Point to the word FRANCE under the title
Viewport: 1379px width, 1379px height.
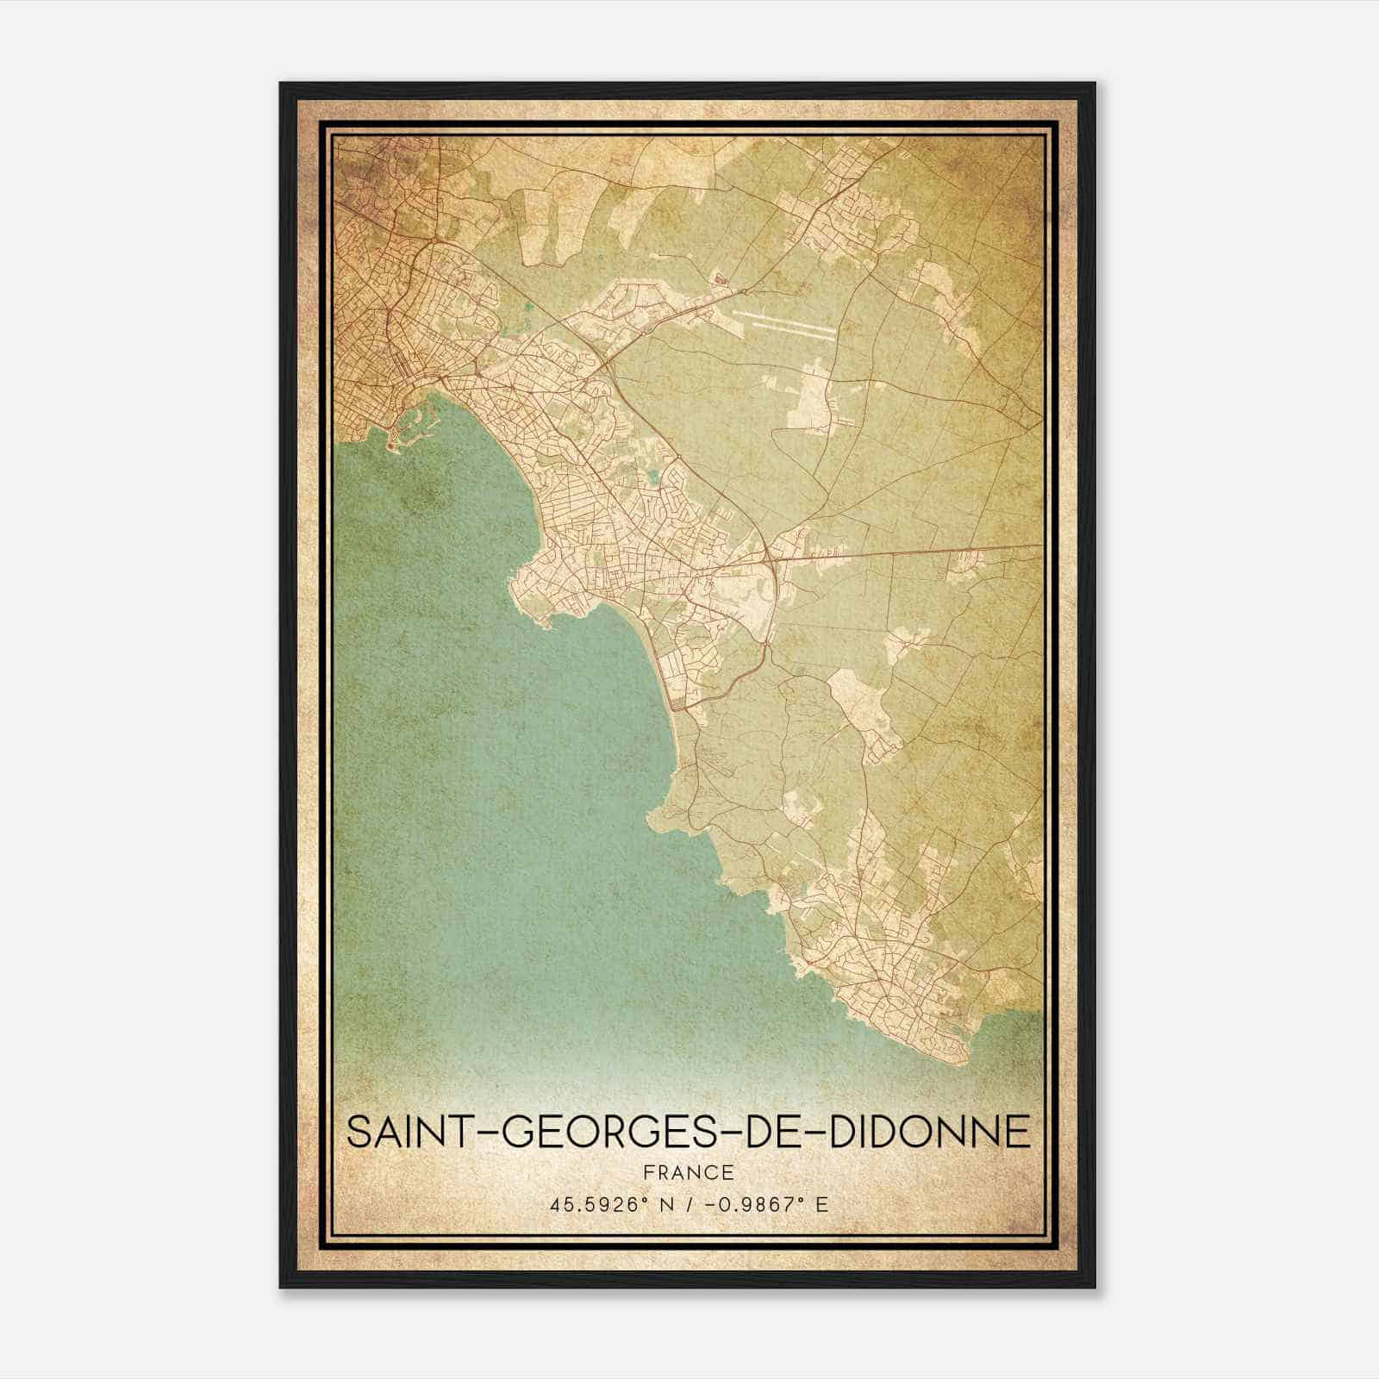point(688,1172)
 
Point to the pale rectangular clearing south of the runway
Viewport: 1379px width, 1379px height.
point(815,396)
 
